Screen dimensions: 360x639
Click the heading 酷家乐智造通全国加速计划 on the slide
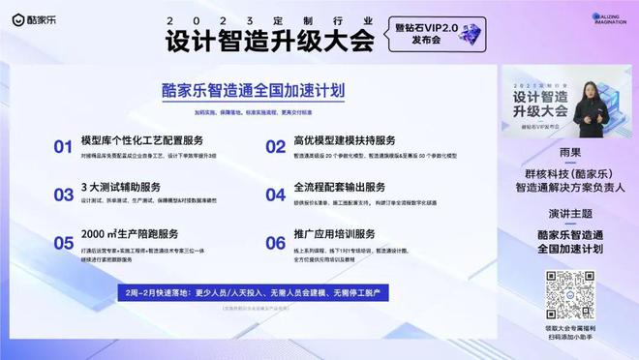point(254,91)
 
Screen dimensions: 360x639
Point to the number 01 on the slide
point(63,147)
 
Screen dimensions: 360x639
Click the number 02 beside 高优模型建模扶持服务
point(275,147)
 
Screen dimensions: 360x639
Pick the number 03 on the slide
point(63,194)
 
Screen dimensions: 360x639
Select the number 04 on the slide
point(275,194)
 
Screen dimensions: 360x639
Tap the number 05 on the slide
point(63,242)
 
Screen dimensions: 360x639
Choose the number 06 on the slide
point(275,242)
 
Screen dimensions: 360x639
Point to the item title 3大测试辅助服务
point(120,188)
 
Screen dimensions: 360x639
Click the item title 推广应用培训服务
point(333,234)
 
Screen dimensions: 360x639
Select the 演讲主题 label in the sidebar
point(568,214)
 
